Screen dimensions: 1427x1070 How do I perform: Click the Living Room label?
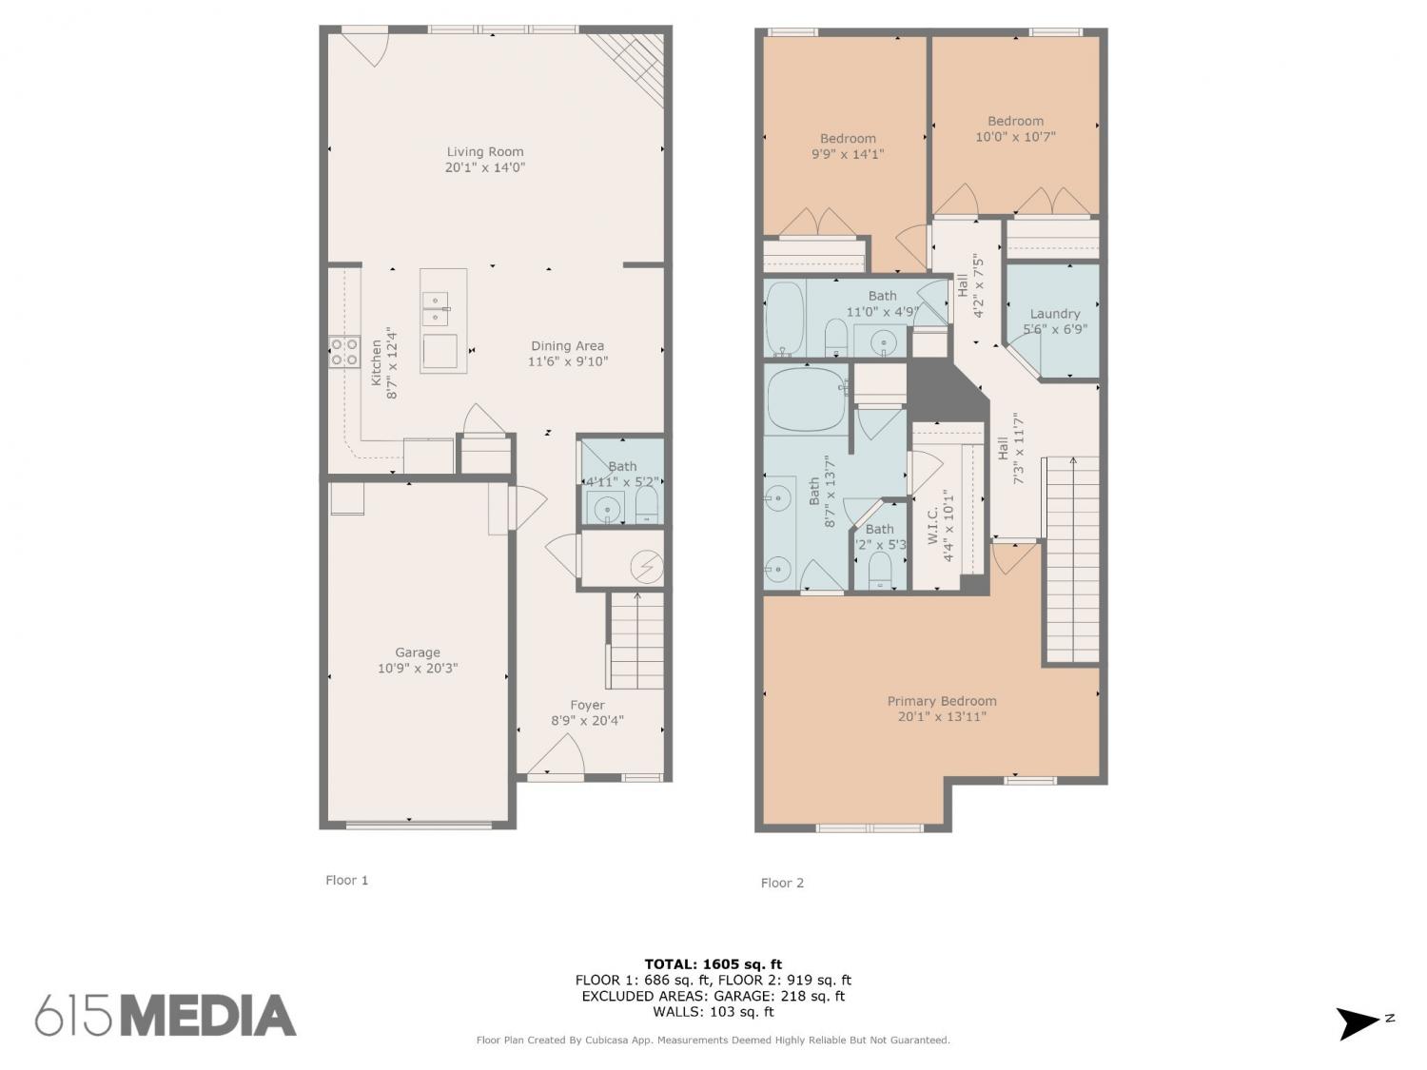tap(485, 151)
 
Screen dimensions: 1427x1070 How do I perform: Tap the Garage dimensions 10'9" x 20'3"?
tap(418, 668)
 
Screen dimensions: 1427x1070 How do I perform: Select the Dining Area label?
tap(568, 345)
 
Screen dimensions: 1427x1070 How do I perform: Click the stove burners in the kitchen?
tap(344, 352)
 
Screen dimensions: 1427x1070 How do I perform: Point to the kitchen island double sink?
tap(436, 308)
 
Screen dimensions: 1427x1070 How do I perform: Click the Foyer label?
tap(587, 705)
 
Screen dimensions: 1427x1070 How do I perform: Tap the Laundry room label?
tap(1054, 314)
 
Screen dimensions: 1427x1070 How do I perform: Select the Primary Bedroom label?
tap(942, 701)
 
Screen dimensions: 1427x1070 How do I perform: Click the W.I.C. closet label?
tap(933, 526)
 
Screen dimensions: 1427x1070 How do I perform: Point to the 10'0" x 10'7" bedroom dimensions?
tap(1015, 136)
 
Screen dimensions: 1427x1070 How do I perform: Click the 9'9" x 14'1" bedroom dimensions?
tap(848, 154)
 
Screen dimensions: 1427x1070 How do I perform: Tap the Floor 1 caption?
tap(346, 880)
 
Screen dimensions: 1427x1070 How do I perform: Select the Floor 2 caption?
tap(782, 883)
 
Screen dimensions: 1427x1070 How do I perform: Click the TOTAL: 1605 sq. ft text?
tap(713, 964)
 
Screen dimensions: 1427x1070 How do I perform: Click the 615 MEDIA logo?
tap(166, 1014)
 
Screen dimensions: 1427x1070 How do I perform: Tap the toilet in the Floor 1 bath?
tap(646, 506)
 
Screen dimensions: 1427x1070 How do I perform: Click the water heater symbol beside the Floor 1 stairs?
tap(647, 567)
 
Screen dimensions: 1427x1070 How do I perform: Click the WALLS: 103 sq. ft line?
tap(713, 1012)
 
